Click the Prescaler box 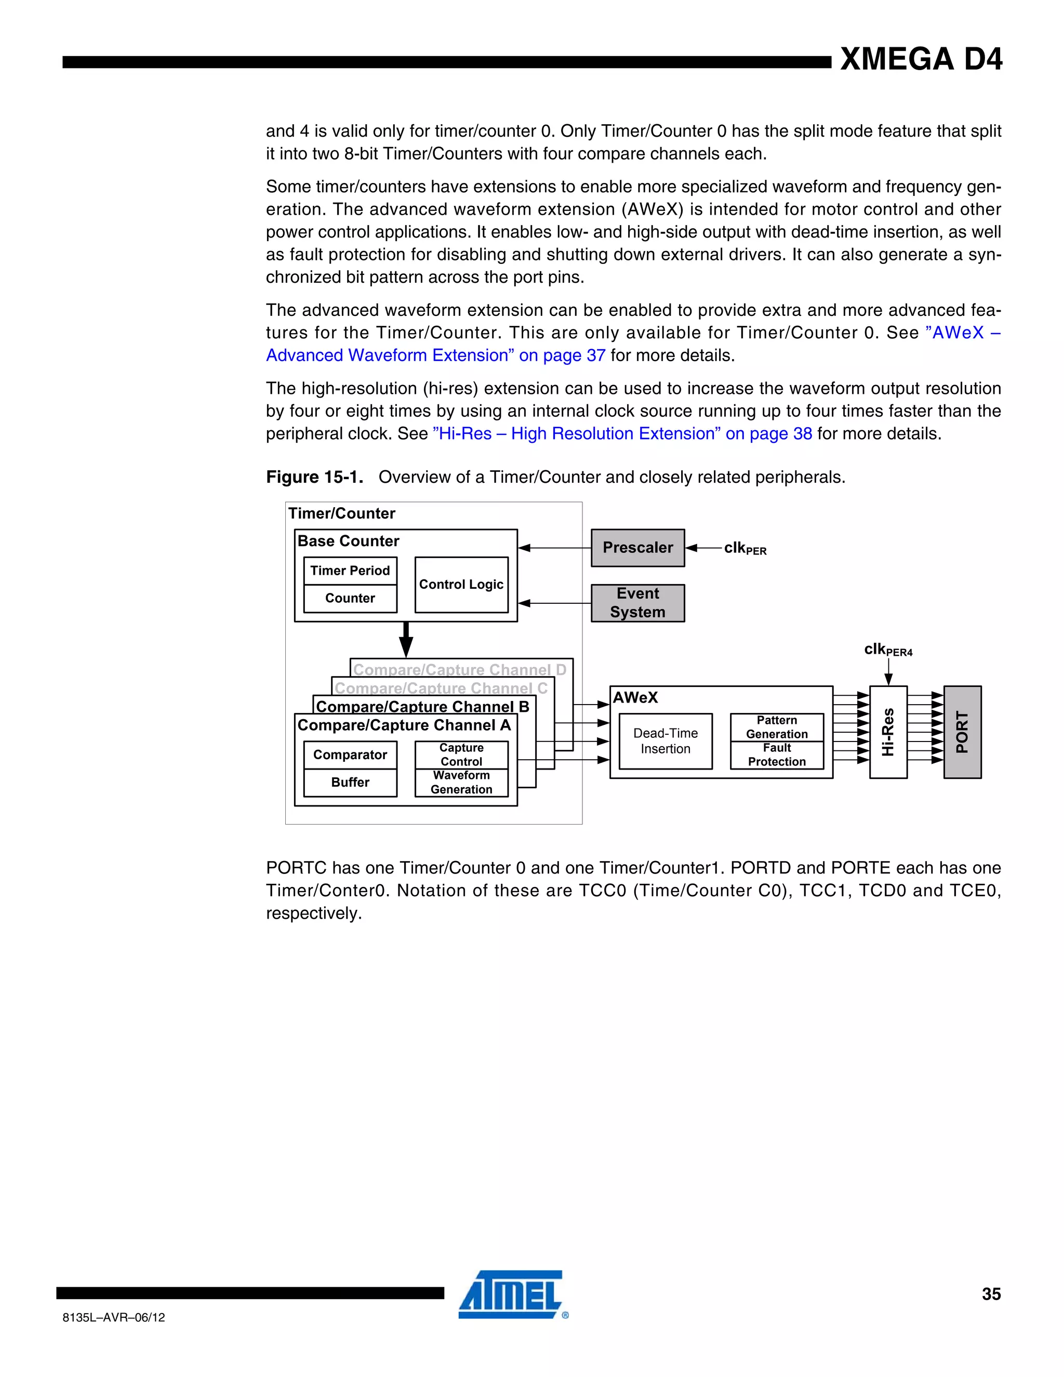637,547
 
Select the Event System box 637,603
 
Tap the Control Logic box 461,585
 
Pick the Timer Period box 350,571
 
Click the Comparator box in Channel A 350,754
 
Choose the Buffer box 350,783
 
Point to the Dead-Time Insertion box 665,741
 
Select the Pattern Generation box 777,727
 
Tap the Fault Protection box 777,754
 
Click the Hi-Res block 887,732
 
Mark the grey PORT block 962,732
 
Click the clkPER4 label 887,650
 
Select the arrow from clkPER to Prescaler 703,548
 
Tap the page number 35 991,1294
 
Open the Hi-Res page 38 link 622,434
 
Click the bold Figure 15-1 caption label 314,478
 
